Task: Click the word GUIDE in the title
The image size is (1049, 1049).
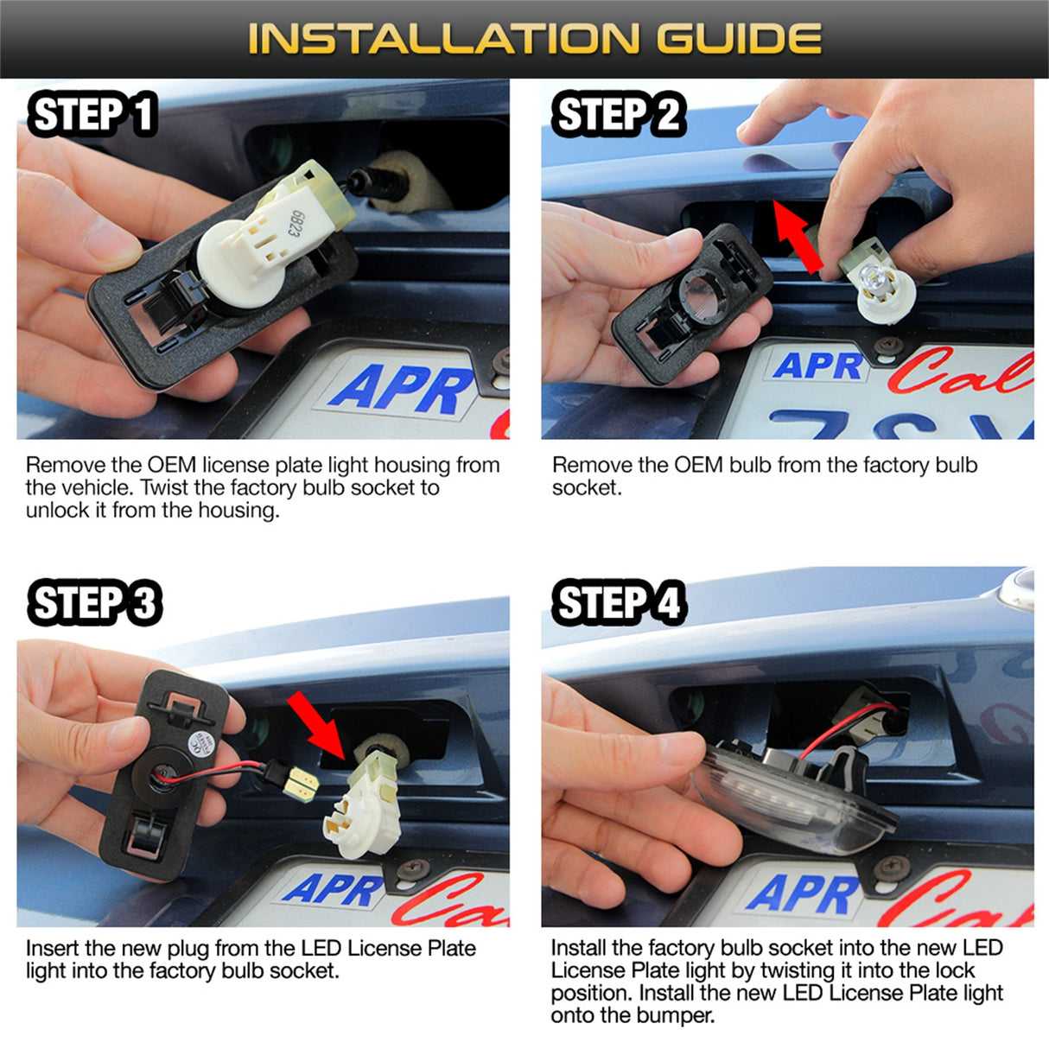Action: (739, 38)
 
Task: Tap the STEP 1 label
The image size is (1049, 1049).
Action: (92, 114)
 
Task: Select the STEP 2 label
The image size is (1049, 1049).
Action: (619, 114)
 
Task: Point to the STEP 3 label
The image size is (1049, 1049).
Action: (95, 602)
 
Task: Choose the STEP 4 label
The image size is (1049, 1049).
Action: (619, 602)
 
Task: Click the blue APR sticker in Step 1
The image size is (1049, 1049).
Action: (402, 390)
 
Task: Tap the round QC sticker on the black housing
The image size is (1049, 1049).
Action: (199, 744)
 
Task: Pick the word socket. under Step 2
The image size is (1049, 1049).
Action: (587, 487)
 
